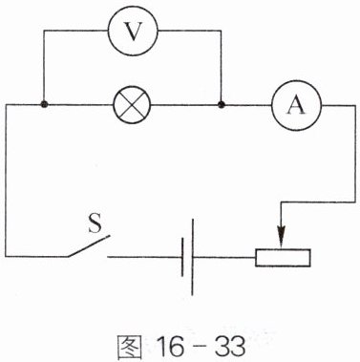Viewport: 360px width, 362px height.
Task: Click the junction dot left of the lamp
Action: pos(44,104)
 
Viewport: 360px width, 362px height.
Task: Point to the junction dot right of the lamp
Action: pos(221,104)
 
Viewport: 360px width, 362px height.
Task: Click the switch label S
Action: pos(95,223)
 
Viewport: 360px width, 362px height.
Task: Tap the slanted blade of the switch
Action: pos(89,245)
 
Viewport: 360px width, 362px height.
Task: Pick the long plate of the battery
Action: pos(192,257)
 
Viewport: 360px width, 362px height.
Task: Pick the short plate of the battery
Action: pos(182,257)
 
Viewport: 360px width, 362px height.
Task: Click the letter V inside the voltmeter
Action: pos(133,32)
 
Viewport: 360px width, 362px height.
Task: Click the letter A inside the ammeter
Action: pos(296,105)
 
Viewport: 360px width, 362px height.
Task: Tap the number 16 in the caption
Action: pos(170,346)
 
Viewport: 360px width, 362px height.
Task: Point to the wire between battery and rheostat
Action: pos(224,257)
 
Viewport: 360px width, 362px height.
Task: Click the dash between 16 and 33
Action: pos(200,347)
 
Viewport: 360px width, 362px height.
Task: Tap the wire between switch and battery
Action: pos(144,257)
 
